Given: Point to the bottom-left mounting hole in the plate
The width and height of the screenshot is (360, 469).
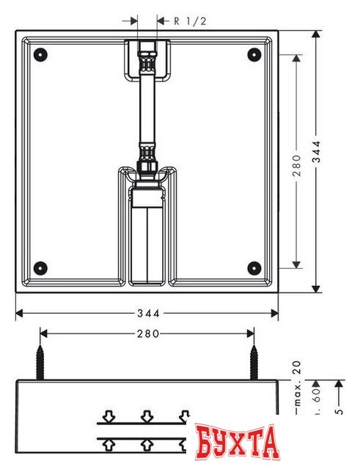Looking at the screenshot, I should (40, 267).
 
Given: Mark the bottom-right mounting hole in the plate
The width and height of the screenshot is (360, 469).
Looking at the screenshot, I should (254, 267).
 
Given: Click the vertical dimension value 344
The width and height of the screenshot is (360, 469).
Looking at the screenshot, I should (337, 161).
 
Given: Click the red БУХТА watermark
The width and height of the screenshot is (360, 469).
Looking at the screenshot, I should (238, 440).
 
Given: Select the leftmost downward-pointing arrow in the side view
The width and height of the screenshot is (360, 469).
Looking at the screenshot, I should (109, 417).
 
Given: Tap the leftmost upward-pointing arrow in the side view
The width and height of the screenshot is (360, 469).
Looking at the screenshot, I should (109, 443).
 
